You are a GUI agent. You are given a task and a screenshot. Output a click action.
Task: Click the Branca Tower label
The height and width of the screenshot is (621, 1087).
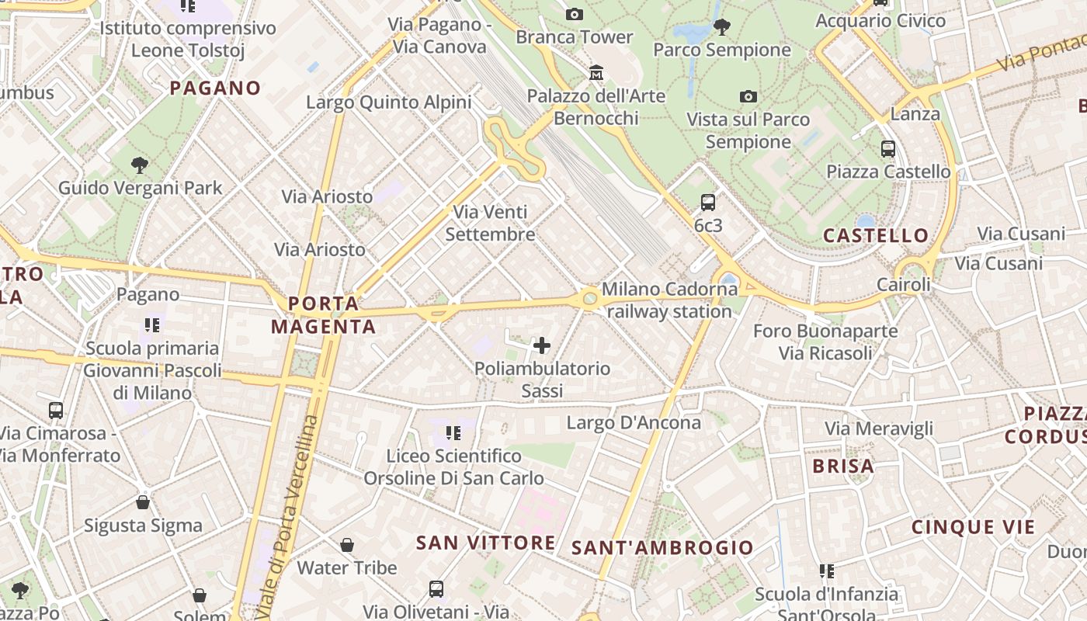point(575,36)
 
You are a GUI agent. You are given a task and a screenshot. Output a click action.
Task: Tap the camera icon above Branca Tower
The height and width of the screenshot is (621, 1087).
point(575,14)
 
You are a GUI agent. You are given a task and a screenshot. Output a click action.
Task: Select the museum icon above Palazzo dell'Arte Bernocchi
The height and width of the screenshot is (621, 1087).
point(596,73)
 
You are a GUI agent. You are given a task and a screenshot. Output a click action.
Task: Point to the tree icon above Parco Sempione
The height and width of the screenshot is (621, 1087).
point(722,27)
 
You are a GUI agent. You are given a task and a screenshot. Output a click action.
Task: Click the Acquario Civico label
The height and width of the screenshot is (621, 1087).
point(880,21)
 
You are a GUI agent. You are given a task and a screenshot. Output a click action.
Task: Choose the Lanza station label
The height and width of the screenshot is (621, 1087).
point(915,114)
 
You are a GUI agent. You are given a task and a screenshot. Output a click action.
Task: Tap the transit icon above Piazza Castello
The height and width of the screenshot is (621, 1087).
point(888,148)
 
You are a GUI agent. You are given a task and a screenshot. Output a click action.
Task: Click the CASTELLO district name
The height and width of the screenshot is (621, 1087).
point(876,235)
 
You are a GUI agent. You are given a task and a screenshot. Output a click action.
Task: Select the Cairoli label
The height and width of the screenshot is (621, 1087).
point(904,285)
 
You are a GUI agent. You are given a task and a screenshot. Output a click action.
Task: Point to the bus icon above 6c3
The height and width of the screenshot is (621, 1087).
point(708,203)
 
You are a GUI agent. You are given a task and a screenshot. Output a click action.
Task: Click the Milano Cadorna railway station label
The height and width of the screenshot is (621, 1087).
point(669,300)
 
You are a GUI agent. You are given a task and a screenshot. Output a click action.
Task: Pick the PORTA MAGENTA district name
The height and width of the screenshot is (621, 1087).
point(324,314)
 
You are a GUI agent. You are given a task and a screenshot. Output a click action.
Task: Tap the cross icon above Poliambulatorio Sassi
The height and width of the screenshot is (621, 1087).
point(542,345)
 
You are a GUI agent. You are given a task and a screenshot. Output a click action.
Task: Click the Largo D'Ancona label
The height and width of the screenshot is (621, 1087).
point(634,423)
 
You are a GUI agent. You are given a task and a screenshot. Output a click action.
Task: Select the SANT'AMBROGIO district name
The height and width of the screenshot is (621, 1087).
point(662,548)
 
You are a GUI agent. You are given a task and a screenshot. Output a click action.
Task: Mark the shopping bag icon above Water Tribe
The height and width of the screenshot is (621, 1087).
point(347,545)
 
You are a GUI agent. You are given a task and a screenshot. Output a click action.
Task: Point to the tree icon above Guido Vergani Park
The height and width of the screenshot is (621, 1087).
point(140,165)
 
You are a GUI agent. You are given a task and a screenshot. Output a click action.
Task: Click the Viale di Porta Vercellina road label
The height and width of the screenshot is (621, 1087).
point(287,516)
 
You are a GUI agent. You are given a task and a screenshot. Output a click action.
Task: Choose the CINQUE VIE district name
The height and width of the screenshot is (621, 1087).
point(973,527)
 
